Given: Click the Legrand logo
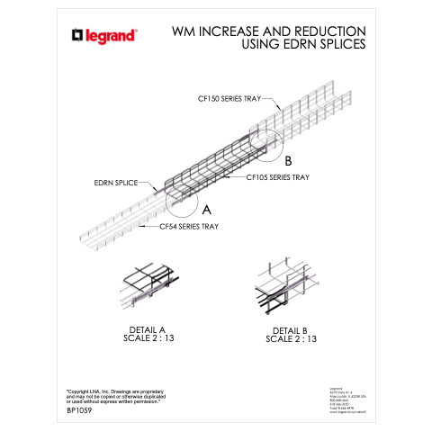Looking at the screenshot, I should [x=103, y=36].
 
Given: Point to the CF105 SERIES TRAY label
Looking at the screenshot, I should [x=278, y=177].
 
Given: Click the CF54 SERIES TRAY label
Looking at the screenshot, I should [x=189, y=227].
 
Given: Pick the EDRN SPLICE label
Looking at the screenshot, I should [x=116, y=183].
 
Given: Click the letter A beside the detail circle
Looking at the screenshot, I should [x=205, y=209].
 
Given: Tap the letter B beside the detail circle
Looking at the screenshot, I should [x=288, y=162].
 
